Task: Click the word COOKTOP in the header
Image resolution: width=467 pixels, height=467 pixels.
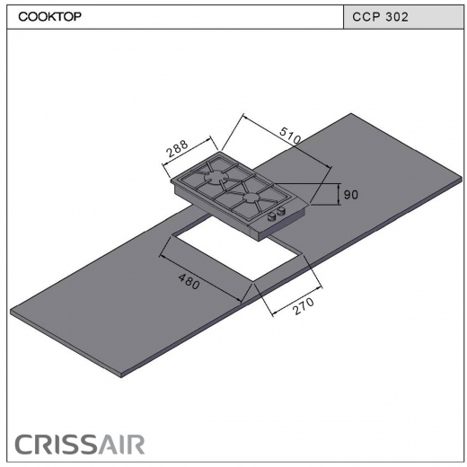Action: click(x=49, y=16)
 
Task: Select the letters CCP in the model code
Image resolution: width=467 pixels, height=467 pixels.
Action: click(x=366, y=17)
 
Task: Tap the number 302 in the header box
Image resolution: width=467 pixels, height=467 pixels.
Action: click(x=397, y=17)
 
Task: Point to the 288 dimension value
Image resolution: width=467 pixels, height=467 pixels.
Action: click(x=178, y=148)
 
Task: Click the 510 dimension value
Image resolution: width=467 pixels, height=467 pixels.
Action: click(x=290, y=136)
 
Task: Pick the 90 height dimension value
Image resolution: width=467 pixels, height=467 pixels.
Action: click(x=350, y=195)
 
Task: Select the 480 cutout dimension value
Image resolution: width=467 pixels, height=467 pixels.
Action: click(x=189, y=282)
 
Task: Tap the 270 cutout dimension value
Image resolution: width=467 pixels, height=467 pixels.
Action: click(x=304, y=306)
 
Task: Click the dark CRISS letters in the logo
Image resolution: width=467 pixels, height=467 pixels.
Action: click(x=57, y=445)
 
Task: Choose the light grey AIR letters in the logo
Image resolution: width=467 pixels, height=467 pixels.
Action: click(x=122, y=445)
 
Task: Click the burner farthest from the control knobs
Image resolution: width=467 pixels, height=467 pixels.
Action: click(x=215, y=177)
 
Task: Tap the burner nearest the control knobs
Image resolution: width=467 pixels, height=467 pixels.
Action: click(x=251, y=198)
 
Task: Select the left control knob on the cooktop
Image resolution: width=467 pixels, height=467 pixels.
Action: click(x=272, y=216)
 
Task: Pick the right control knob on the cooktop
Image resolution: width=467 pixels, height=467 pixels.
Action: click(x=281, y=212)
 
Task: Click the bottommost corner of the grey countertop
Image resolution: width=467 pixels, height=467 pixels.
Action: click(x=121, y=378)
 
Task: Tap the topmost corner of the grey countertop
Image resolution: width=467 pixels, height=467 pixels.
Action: click(x=351, y=113)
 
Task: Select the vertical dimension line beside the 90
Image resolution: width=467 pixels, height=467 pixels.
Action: click(x=339, y=194)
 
